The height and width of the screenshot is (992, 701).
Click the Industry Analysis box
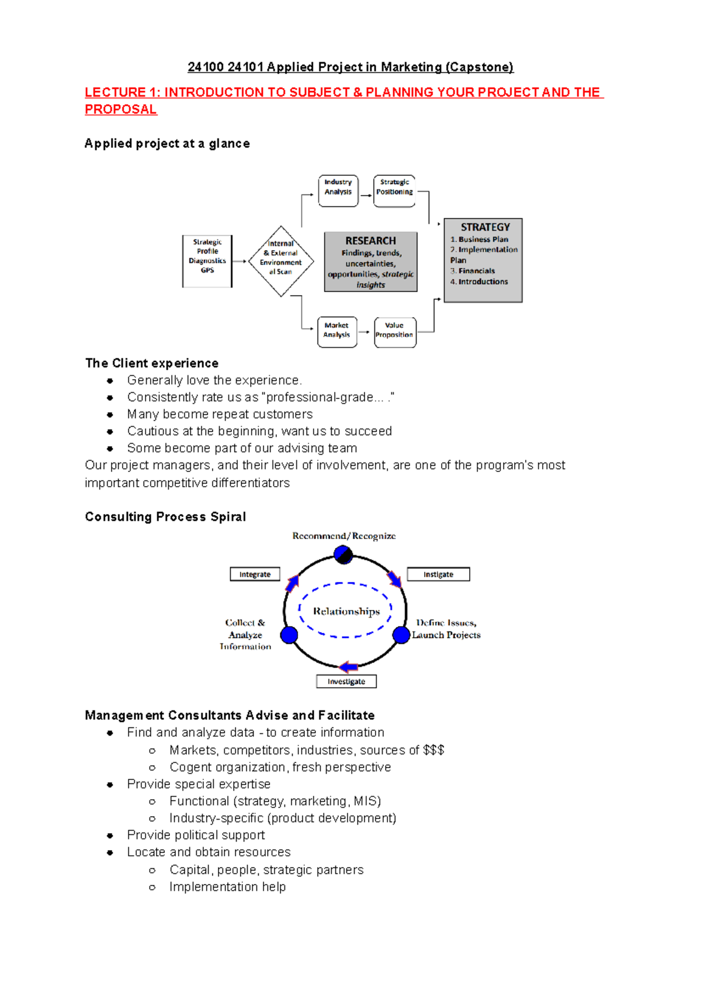338,190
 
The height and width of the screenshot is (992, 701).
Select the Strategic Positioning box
394,190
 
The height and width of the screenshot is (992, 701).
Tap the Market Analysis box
337,332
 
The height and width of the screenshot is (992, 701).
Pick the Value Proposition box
395,332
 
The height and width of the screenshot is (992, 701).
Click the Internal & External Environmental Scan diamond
281,261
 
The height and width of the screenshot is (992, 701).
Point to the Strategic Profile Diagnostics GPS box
207,261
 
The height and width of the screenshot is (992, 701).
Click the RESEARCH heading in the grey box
370,241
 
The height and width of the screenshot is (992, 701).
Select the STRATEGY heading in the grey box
485,227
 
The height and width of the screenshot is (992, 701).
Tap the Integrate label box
255,574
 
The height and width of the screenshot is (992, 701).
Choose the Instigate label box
438,574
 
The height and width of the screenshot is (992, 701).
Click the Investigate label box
346,681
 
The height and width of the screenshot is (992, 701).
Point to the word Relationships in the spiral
346,611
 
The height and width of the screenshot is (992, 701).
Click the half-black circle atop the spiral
343,554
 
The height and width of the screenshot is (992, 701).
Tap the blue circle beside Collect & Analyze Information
289,634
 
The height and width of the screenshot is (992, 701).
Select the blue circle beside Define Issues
401,634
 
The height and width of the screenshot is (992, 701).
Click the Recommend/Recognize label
344,536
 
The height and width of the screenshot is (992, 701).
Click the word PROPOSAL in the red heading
121,110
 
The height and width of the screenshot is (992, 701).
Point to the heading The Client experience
152,363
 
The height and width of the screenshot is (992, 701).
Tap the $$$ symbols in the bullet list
433,750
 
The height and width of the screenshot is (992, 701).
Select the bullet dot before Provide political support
110,835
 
